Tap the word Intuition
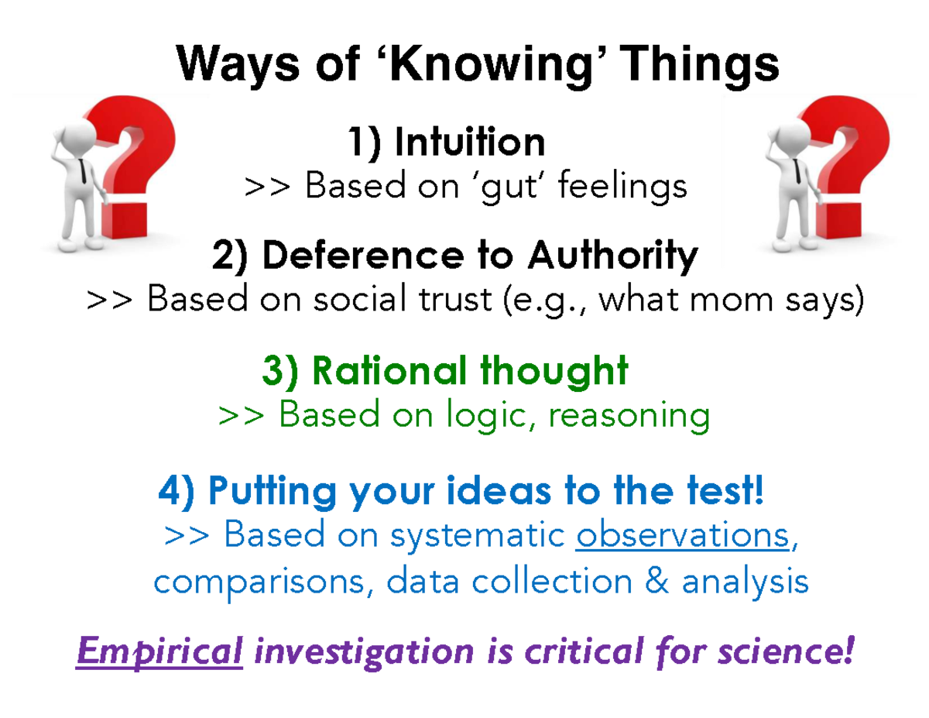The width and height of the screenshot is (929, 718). [x=469, y=143]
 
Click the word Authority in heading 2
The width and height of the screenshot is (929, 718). [x=612, y=256]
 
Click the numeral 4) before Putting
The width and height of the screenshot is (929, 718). [x=178, y=491]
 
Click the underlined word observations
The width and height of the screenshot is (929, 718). [x=682, y=535]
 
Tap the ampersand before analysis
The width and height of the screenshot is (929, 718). [x=660, y=581]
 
